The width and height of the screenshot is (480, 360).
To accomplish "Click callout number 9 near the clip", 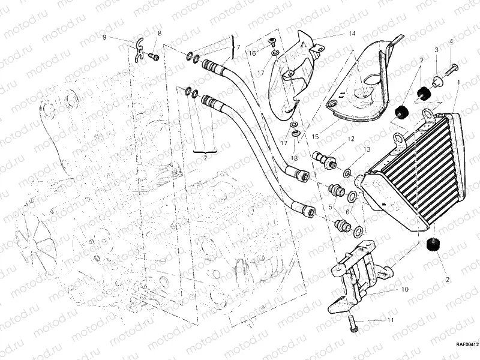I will pyautogui.click(x=104, y=37).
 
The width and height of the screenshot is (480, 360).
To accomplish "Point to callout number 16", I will pyautogui.click(x=253, y=53).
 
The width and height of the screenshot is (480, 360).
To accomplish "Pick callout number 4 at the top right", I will pyautogui.click(x=451, y=42).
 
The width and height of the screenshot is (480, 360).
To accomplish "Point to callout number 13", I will pyautogui.click(x=366, y=149).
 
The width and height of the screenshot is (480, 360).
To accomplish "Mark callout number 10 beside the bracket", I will pyautogui.click(x=404, y=289).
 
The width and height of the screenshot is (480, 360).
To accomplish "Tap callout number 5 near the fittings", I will pyautogui.click(x=329, y=207).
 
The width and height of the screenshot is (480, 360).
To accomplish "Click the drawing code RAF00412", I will pyautogui.click(x=466, y=344).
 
